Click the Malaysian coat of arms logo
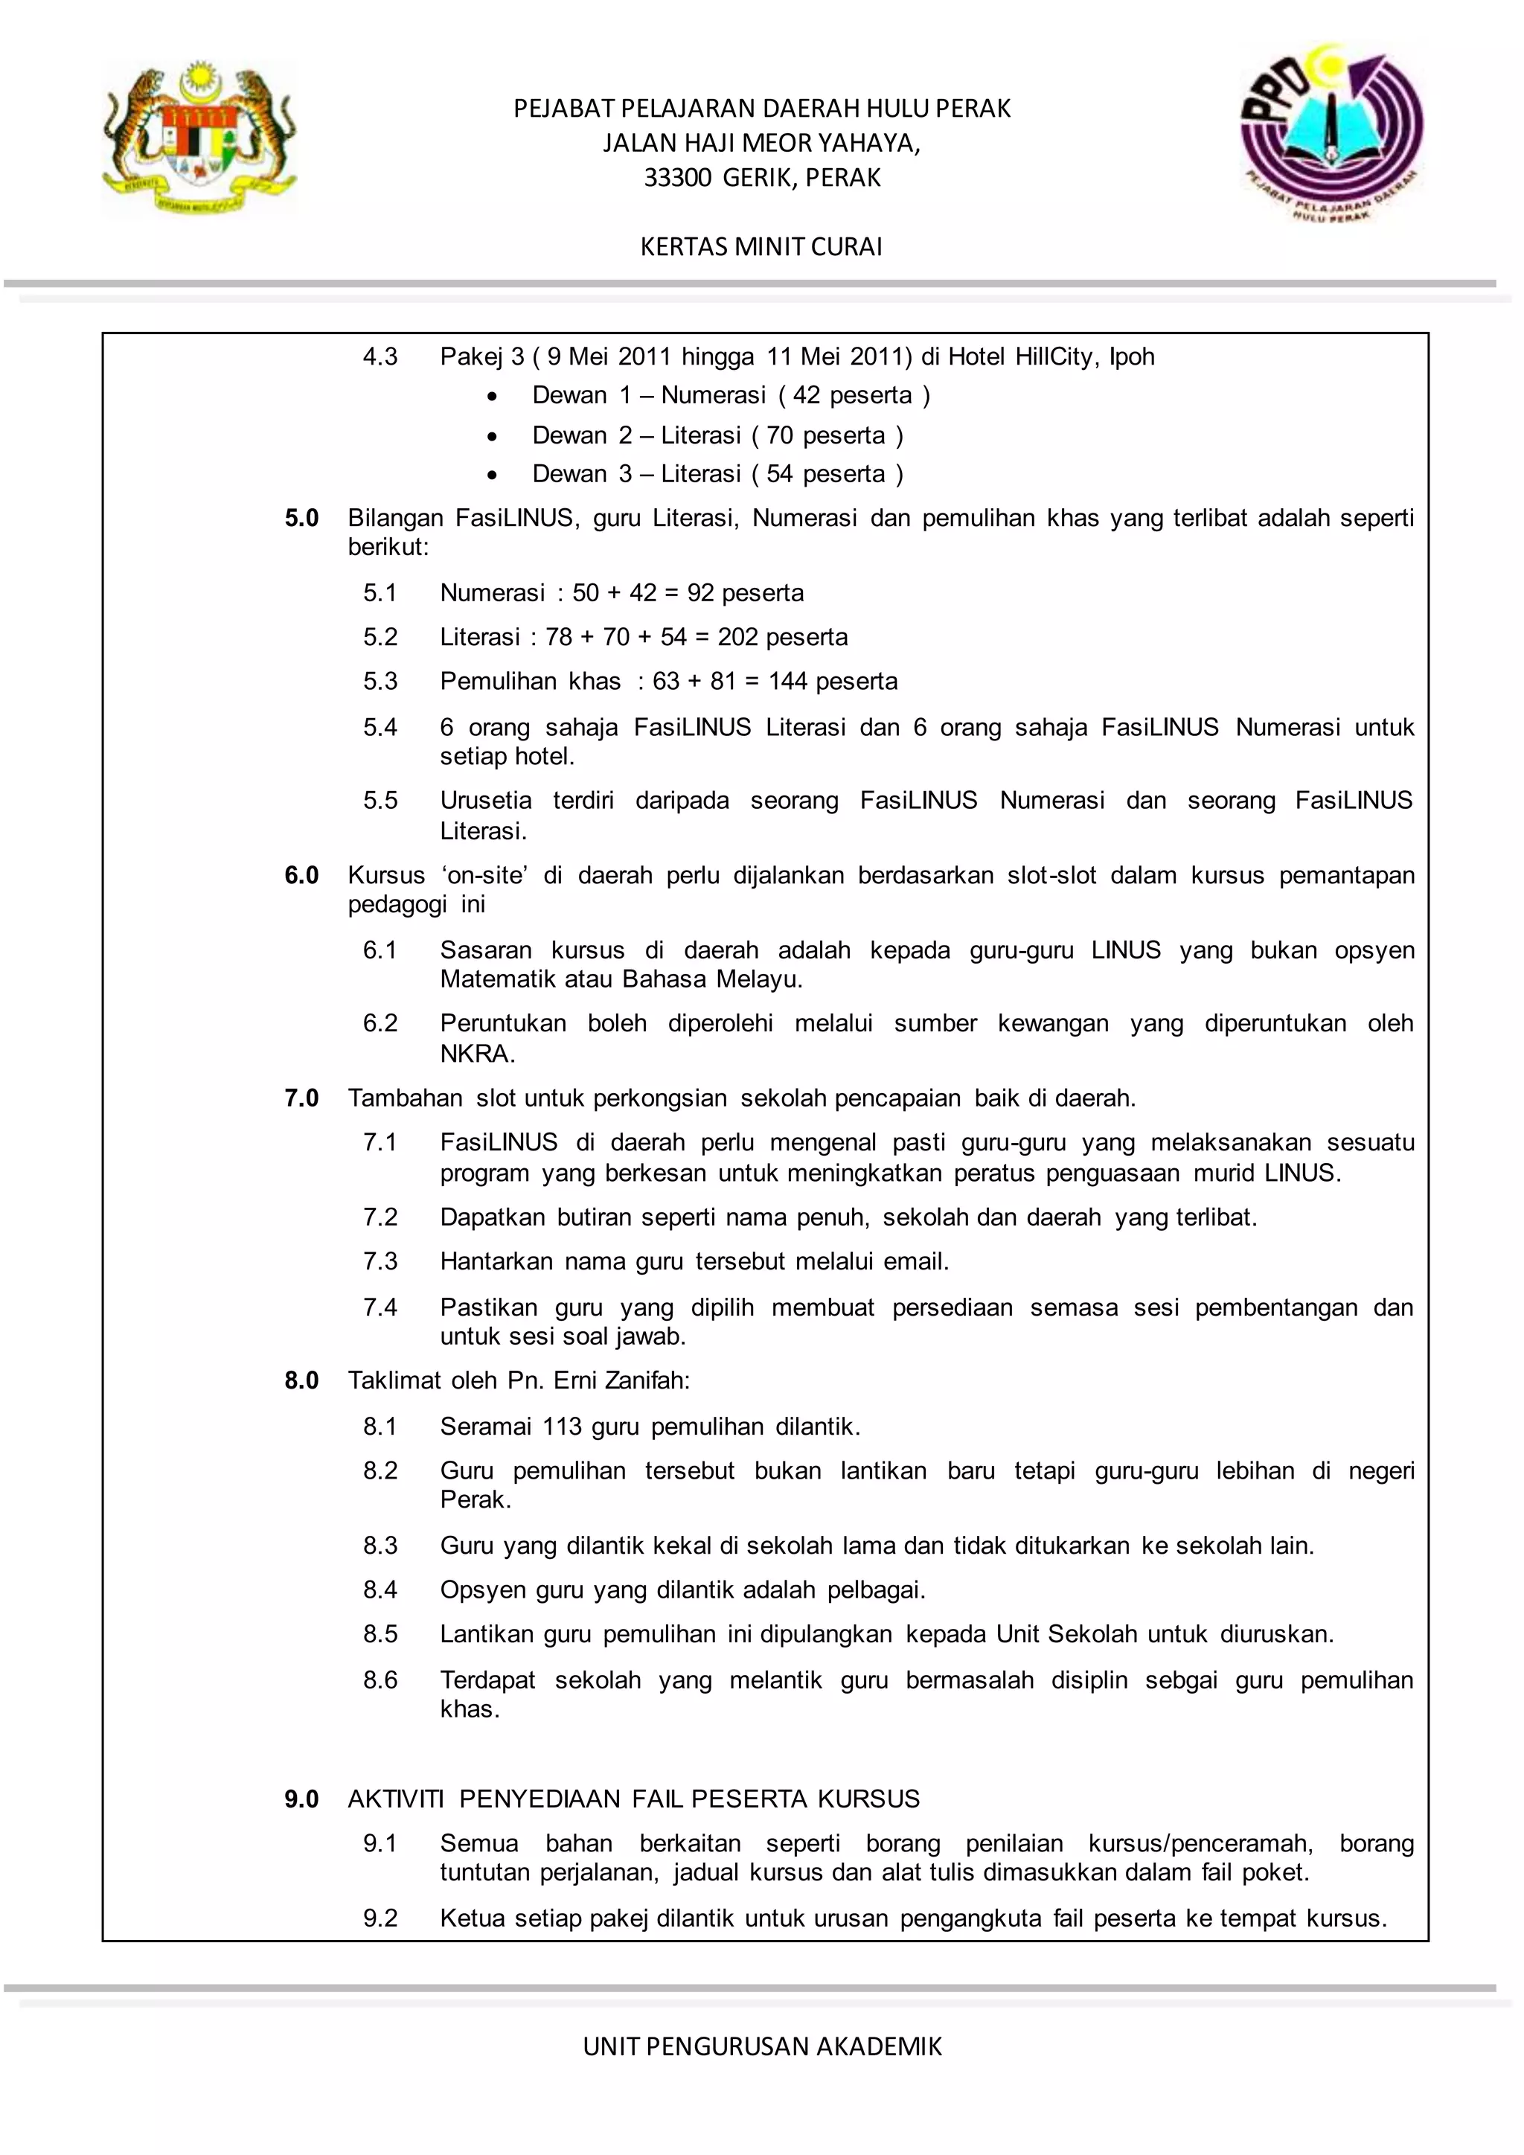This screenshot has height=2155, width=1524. tap(199, 139)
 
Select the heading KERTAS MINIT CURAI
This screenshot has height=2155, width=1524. tap(761, 247)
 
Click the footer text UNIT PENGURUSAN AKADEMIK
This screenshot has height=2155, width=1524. tap(762, 2046)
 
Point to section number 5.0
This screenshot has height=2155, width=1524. tap(301, 518)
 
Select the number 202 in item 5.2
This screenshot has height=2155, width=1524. tap(737, 637)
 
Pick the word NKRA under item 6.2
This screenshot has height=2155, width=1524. tap(477, 1054)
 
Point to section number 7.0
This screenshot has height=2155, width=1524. tap(301, 1098)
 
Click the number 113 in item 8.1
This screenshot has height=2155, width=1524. tap(562, 1426)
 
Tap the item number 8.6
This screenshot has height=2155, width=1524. tap(380, 1680)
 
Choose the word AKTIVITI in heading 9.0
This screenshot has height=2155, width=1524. tap(395, 1799)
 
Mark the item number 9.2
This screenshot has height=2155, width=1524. tap(380, 1918)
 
